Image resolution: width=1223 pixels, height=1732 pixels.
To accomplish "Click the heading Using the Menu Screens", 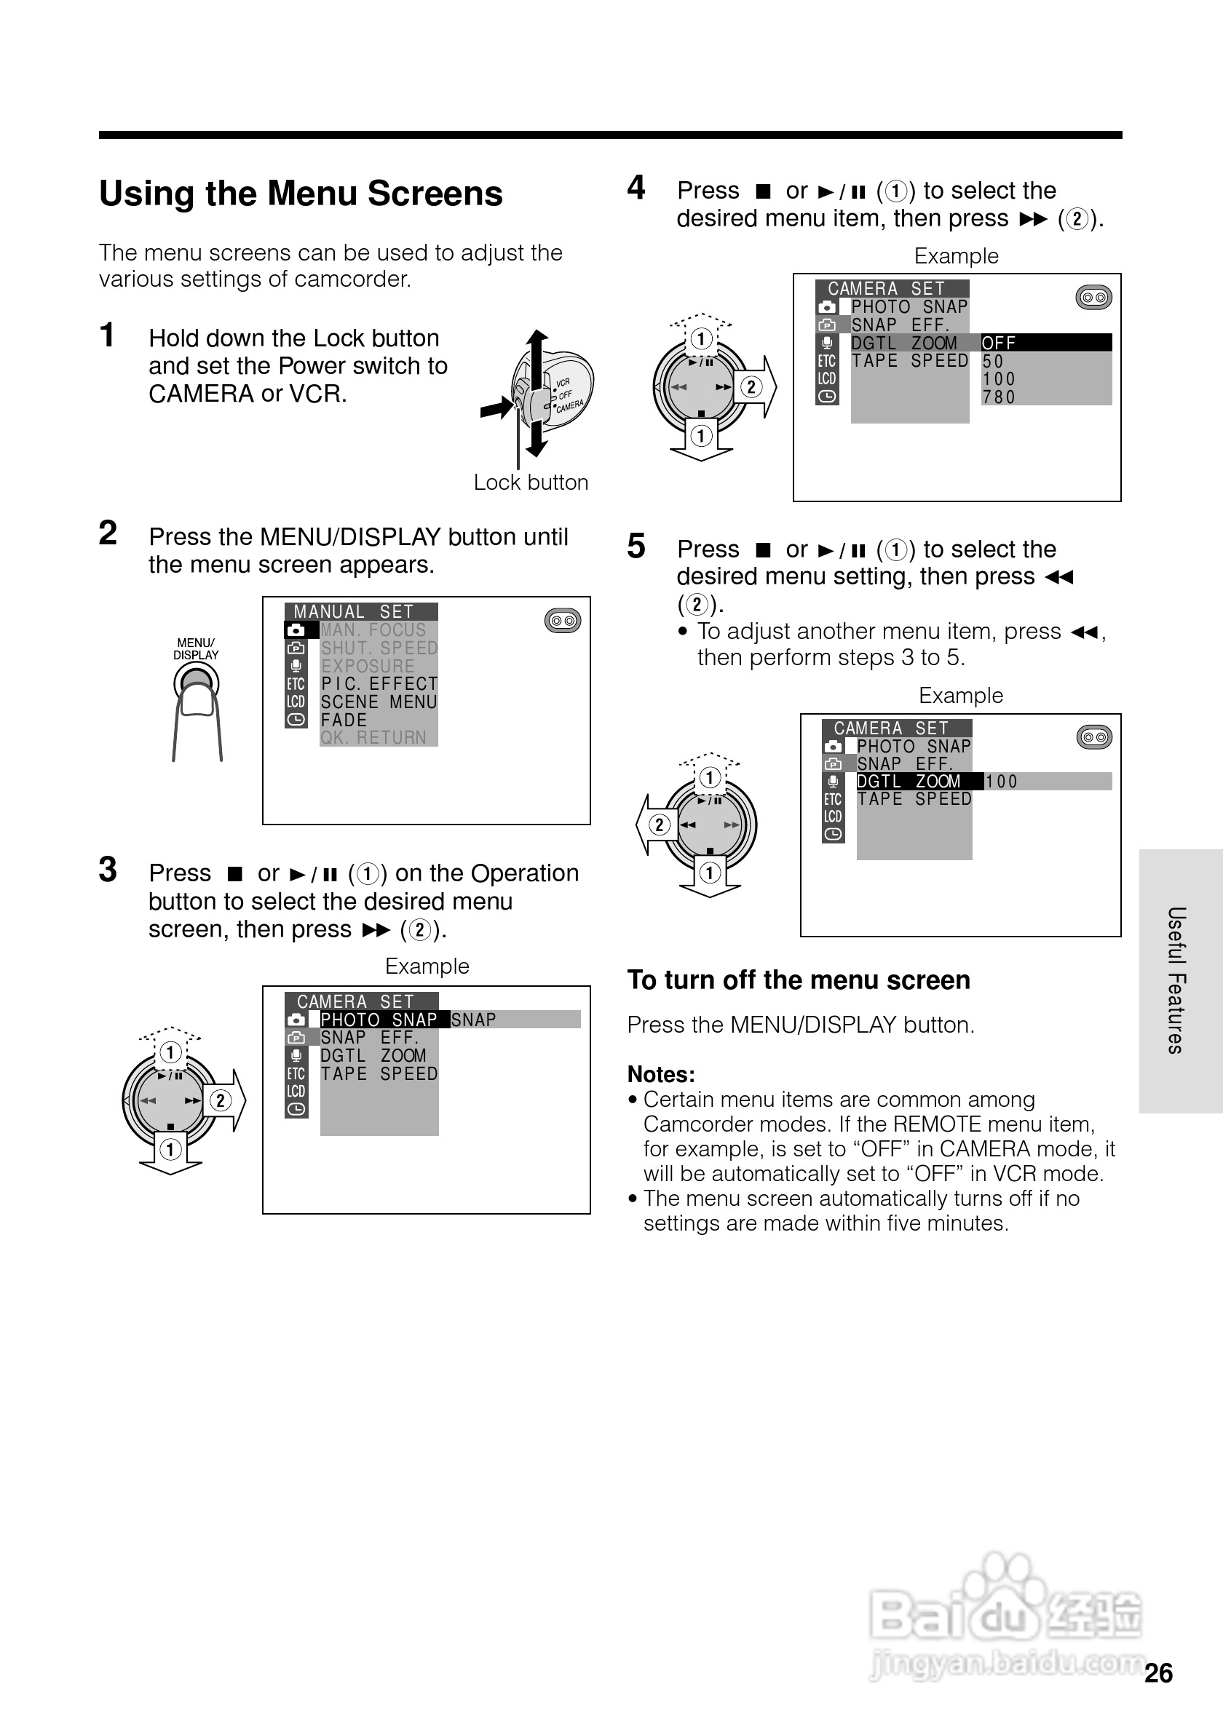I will pos(300,194).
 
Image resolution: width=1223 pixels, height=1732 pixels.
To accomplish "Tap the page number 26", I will pos(1158,1673).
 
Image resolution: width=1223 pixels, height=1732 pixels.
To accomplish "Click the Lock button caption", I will pos(531,482).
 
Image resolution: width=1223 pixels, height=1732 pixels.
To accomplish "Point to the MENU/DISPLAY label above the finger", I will pos(195,648).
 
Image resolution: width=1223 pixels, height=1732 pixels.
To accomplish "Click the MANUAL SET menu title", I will pos(354,612).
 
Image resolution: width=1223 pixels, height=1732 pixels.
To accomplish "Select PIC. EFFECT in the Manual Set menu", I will pos(379,684).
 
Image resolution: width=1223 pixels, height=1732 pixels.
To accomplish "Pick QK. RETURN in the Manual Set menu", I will pos(373,738).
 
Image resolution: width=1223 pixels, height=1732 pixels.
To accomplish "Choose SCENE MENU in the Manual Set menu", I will pos(379,702).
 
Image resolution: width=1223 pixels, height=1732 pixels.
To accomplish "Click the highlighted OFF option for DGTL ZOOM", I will pos(999,343).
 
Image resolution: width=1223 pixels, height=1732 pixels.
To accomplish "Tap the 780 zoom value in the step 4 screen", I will pos(999,397).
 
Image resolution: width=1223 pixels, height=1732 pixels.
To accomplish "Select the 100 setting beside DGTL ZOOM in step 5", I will pos(1001,782).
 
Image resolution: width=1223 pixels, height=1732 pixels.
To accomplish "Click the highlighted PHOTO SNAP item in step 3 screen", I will pos(379,1020).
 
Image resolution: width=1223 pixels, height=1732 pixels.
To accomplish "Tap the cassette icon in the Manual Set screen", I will pos(563,621).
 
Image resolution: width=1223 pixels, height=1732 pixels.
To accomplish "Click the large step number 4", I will pos(636,188).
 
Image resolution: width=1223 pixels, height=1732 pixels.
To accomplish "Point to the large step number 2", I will pos(108,533).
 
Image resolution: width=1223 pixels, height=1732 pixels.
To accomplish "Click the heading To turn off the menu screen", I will pos(799,980).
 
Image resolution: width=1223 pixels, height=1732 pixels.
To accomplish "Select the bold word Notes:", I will pos(661,1074).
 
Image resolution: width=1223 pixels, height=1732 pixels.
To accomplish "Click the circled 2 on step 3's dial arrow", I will pos(221,1100).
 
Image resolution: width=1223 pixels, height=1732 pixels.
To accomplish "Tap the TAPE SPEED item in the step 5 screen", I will pos(914,800).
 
